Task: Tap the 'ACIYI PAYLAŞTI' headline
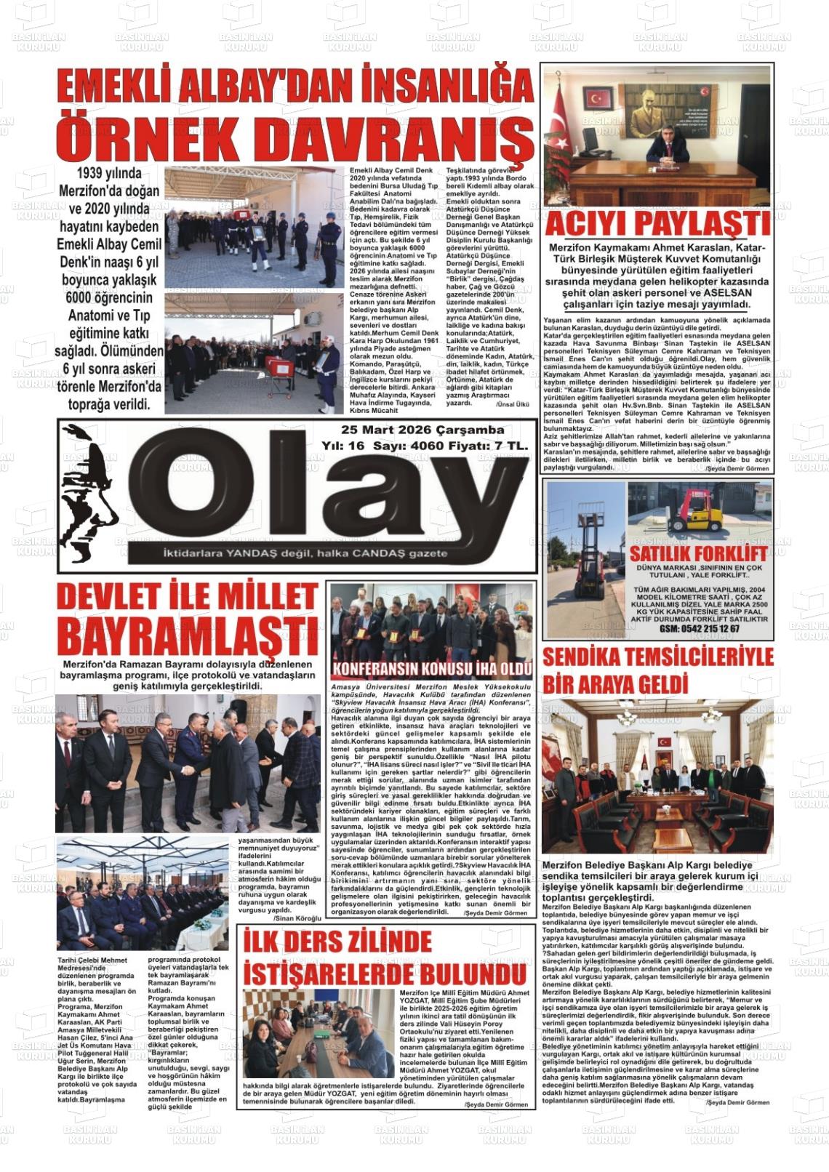(x=657, y=225)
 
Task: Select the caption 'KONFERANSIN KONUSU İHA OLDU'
(x=432, y=669)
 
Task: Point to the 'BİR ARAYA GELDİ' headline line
(x=615, y=685)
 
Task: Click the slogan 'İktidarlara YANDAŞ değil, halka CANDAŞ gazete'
(x=305, y=554)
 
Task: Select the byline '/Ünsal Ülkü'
(x=512, y=404)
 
